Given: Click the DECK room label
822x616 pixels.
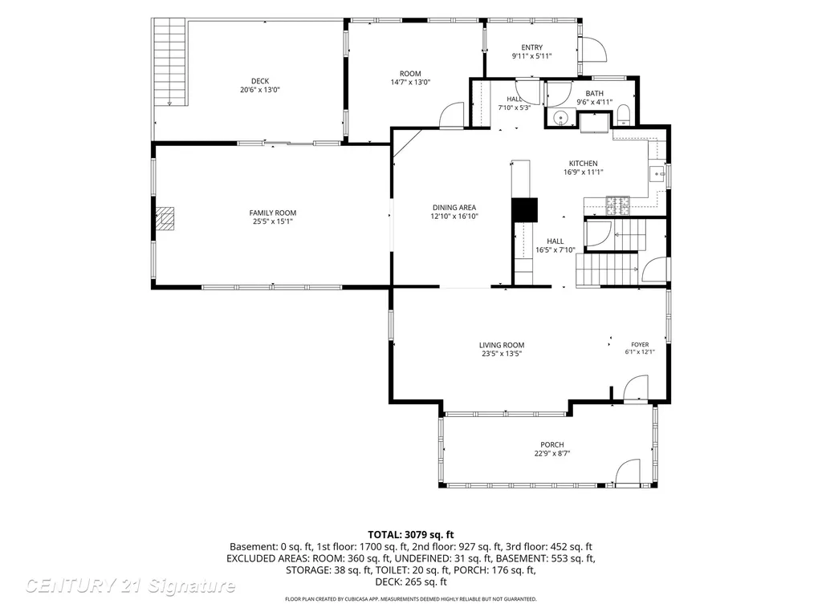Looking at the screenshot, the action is pos(260,81).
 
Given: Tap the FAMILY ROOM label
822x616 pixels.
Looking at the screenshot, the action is pos(273,213).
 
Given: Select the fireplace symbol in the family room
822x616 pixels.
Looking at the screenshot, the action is pos(165,219).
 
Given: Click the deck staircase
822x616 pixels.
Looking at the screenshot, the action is pos(170,62).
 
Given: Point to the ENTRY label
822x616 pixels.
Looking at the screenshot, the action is pos(532,47).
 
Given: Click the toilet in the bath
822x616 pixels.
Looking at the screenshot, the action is pos(623,115).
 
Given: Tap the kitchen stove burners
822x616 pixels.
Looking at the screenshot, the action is pos(617,205).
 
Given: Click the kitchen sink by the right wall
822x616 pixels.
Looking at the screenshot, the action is pos(657,173).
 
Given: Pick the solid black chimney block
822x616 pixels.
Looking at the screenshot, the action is pos(525,210).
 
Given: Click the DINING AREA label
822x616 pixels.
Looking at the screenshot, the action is pos(454,208).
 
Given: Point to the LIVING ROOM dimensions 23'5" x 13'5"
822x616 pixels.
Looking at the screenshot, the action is pos(502,354).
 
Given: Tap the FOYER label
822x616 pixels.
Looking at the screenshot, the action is pos(640,345).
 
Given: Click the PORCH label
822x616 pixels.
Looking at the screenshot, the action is pos(552,444).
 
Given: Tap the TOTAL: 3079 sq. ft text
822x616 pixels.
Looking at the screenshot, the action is pos(410,535).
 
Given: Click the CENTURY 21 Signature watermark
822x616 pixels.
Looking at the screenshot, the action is pos(130,586).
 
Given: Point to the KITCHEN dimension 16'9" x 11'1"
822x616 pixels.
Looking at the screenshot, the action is pos(584,172).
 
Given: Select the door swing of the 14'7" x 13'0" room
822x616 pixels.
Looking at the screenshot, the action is pos(451,115).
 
